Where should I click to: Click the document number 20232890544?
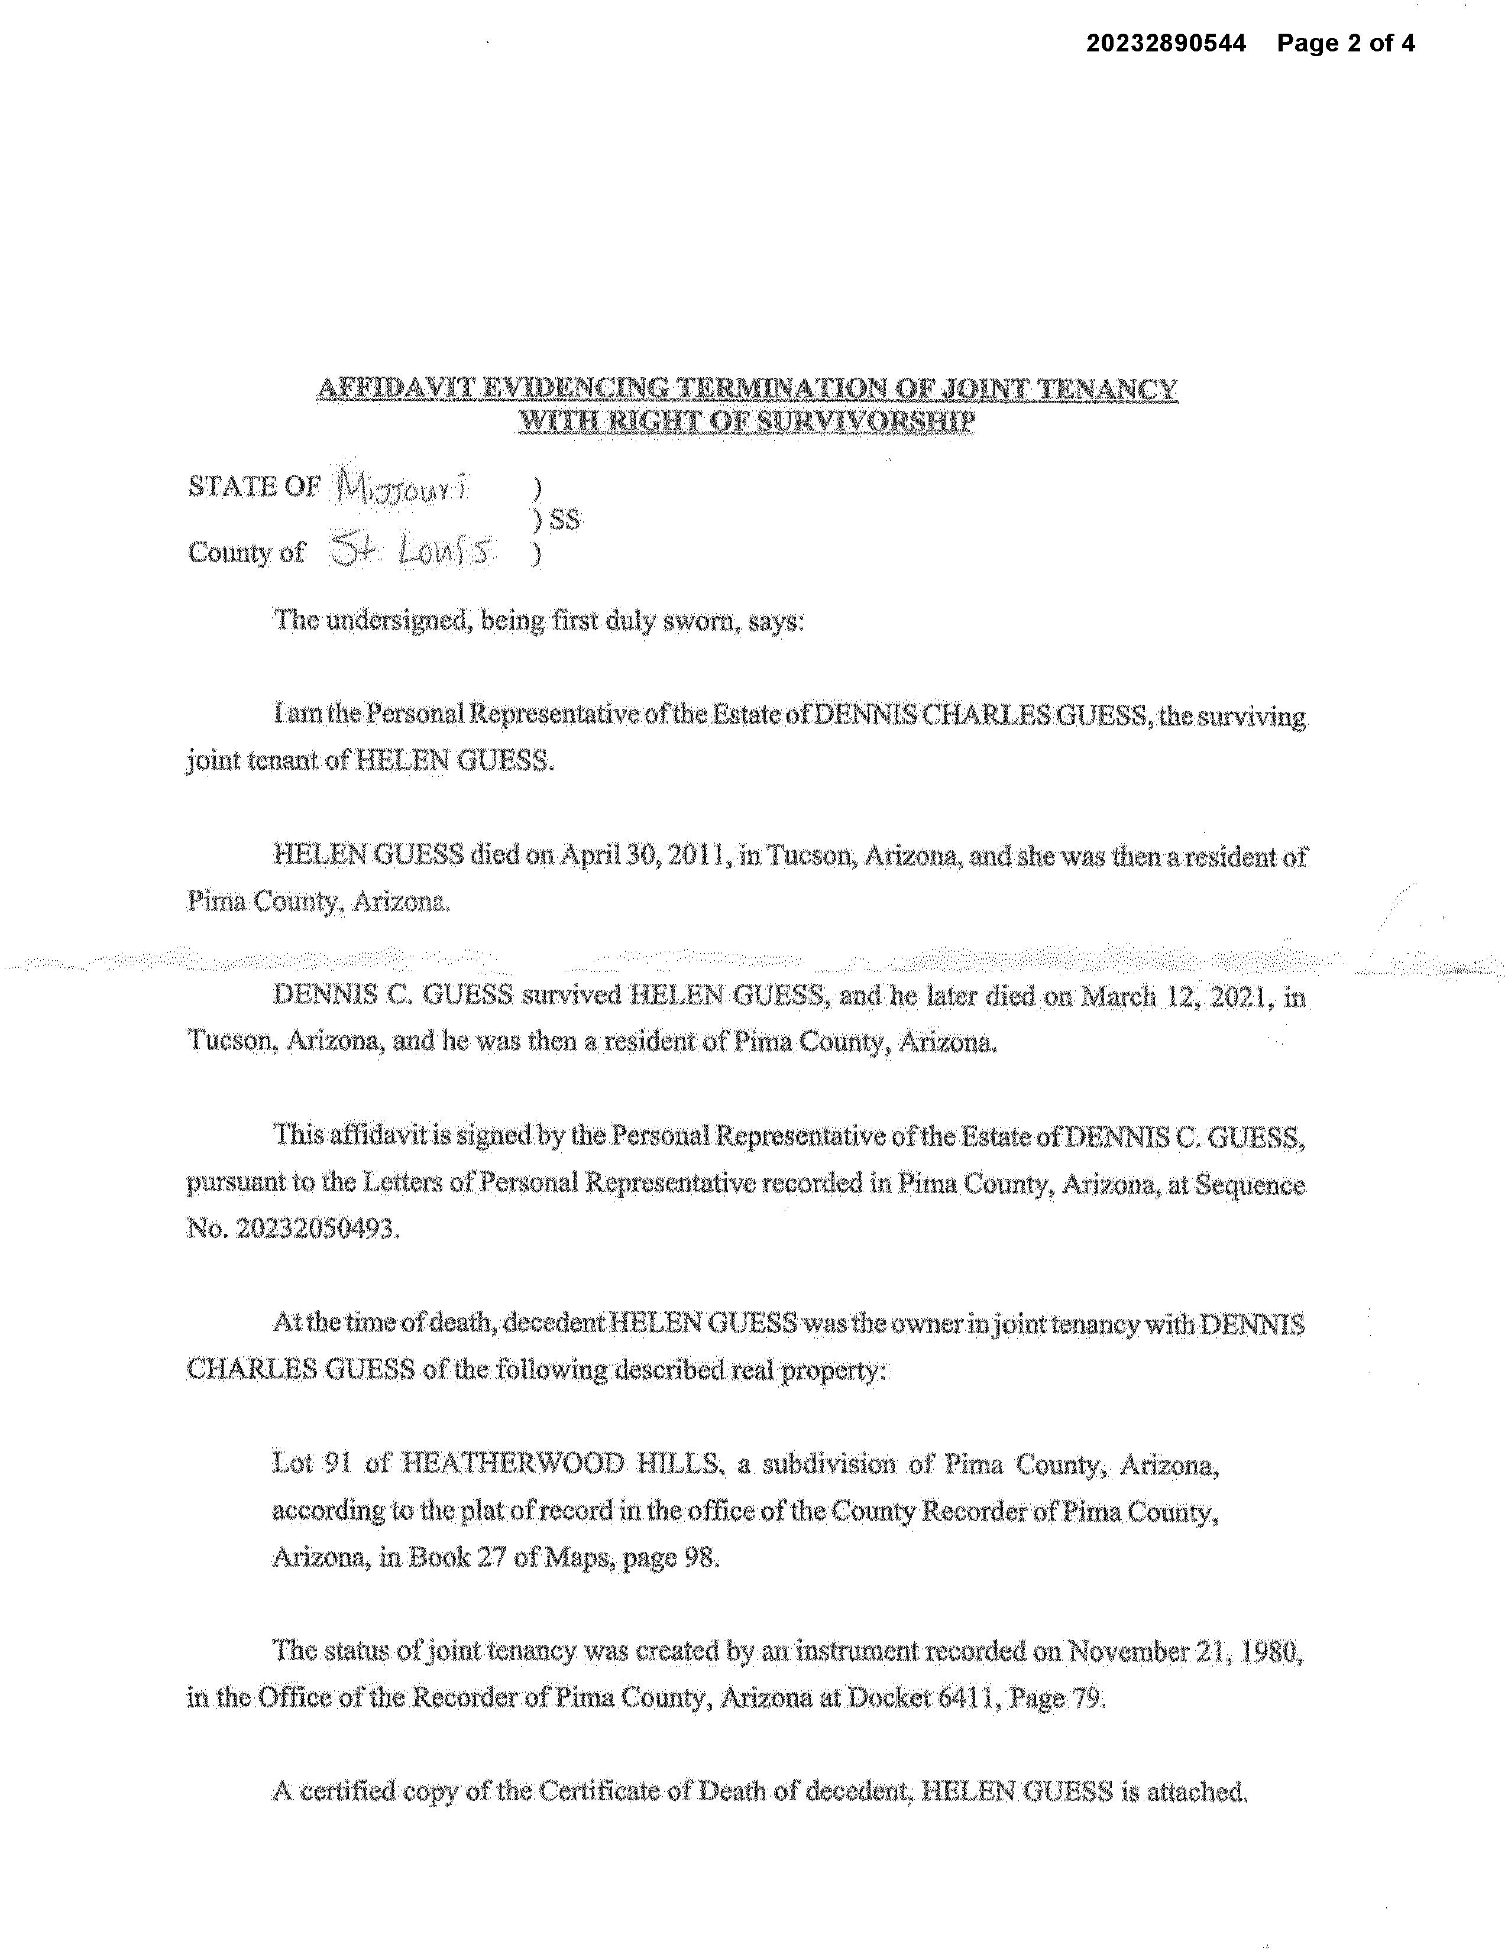[x=1166, y=43]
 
